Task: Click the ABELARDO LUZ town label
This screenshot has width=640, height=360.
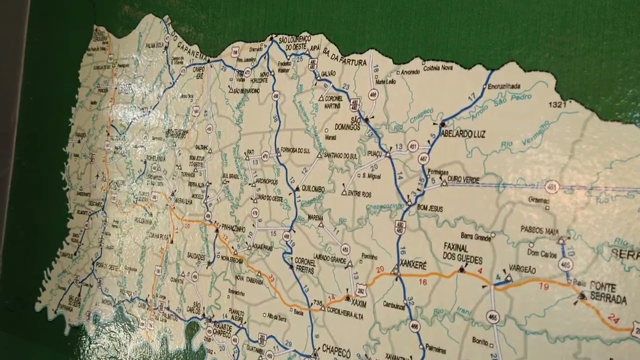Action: pyautogui.click(x=463, y=134)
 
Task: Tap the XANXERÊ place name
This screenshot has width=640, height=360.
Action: pyautogui.click(x=413, y=266)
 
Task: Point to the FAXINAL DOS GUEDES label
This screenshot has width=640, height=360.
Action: pyautogui.click(x=462, y=254)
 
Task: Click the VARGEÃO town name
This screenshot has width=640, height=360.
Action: pyautogui.click(x=522, y=270)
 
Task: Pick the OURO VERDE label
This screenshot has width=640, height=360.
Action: pyautogui.click(x=463, y=179)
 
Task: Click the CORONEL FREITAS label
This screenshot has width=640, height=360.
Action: pyautogui.click(x=305, y=264)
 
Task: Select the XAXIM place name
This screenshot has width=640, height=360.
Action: pyautogui.click(x=359, y=303)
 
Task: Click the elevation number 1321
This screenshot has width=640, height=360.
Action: pyautogui.click(x=556, y=105)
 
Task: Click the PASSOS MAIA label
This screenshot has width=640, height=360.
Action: pyautogui.click(x=539, y=229)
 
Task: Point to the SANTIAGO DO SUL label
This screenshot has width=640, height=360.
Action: pyautogui.click(x=340, y=155)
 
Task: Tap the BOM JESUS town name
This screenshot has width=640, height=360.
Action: pyautogui.click(x=429, y=208)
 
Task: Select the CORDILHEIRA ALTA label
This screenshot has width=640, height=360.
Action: pyautogui.click(x=346, y=316)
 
